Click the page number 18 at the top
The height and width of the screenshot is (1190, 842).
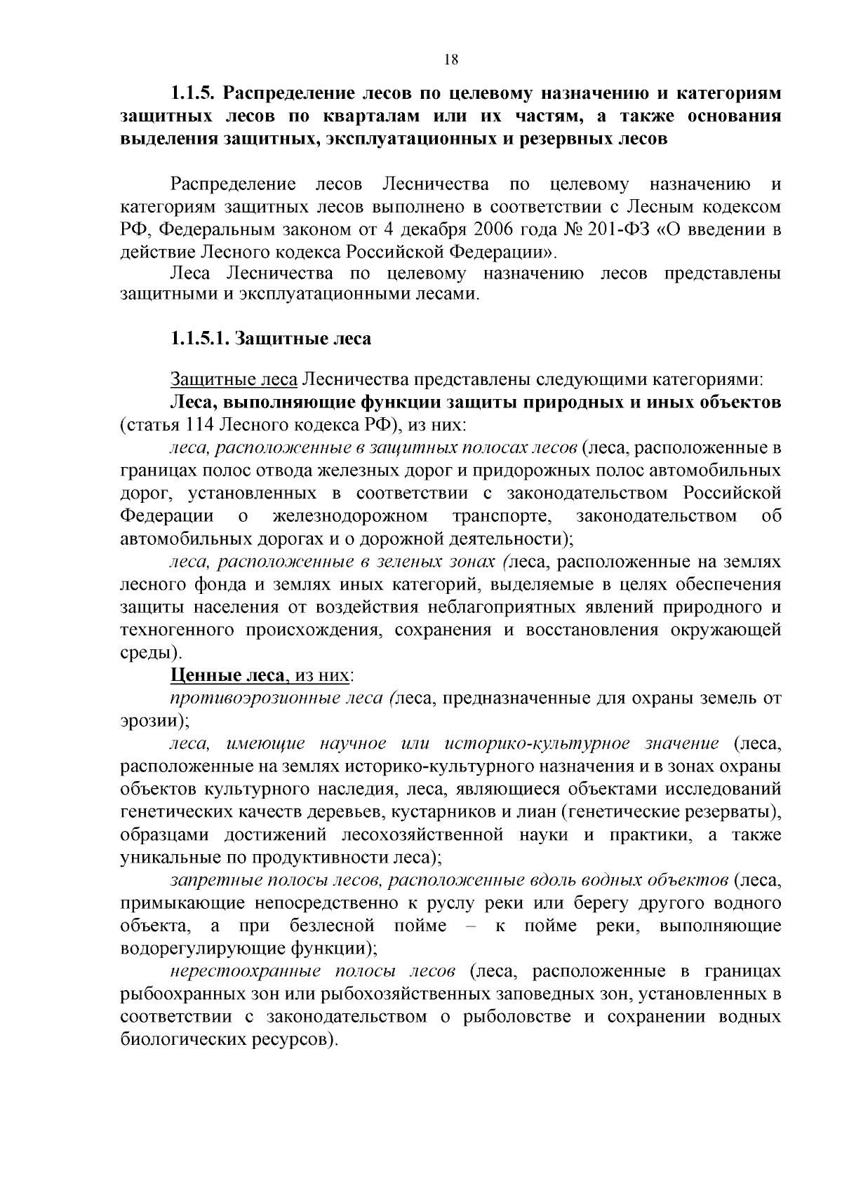(451, 60)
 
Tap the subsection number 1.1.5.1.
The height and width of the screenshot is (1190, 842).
(199, 339)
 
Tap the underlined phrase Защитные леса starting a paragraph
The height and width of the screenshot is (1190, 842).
(234, 380)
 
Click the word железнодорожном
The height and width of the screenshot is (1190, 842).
(350, 517)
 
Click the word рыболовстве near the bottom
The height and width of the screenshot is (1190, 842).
(517, 1017)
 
